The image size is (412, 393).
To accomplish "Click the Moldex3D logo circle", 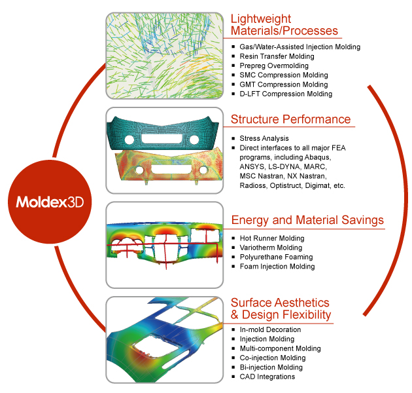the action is (50, 202).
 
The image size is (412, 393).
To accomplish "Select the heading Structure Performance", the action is (290, 119).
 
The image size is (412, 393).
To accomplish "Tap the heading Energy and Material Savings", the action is (307, 220).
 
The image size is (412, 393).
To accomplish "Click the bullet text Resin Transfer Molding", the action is (277, 56).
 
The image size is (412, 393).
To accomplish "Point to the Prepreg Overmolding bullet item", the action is (274, 65).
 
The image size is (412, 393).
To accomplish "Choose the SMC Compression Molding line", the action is (284, 75).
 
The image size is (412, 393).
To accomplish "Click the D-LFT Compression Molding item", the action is (286, 94).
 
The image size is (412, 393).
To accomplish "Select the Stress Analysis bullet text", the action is (264, 138).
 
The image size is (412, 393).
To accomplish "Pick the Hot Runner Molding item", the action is (272, 238).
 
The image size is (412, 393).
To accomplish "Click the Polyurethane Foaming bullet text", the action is (276, 257).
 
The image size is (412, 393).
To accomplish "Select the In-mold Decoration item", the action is (270, 329).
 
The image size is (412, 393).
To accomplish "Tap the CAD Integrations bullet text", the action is (267, 377).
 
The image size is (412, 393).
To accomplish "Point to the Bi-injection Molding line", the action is (271, 367).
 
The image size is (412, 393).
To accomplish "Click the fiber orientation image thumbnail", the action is (165, 56).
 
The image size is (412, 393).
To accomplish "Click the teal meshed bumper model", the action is (163, 134).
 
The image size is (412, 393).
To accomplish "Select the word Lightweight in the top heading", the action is (261, 19).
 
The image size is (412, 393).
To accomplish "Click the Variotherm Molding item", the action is (271, 248).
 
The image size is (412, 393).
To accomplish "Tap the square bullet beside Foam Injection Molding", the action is (233, 267).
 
